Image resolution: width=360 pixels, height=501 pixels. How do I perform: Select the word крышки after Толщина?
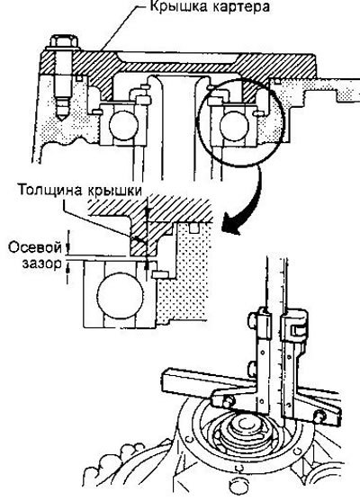pyautogui.click(x=114, y=190)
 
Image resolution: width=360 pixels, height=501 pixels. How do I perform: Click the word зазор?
pyautogui.click(x=42, y=264)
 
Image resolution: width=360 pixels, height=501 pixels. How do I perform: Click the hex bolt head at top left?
pyautogui.click(x=64, y=42)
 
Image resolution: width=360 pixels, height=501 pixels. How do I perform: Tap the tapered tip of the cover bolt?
pyautogui.click(x=61, y=114)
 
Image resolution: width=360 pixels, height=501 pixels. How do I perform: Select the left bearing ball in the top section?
pyautogui.click(x=123, y=125)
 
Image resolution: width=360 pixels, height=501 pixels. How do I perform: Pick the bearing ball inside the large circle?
pyautogui.click(x=234, y=125)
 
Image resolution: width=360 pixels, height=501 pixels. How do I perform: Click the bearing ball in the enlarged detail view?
pyautogui.click(x=121, y=295)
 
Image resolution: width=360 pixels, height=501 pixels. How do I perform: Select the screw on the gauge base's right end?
pyautogui.click(x=319, y=416)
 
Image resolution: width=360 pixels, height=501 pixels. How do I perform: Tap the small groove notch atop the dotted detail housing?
pyautogui.click(x=193, y=228)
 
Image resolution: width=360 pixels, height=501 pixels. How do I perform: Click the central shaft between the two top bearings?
pyautogui.click(x=178, y=128)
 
